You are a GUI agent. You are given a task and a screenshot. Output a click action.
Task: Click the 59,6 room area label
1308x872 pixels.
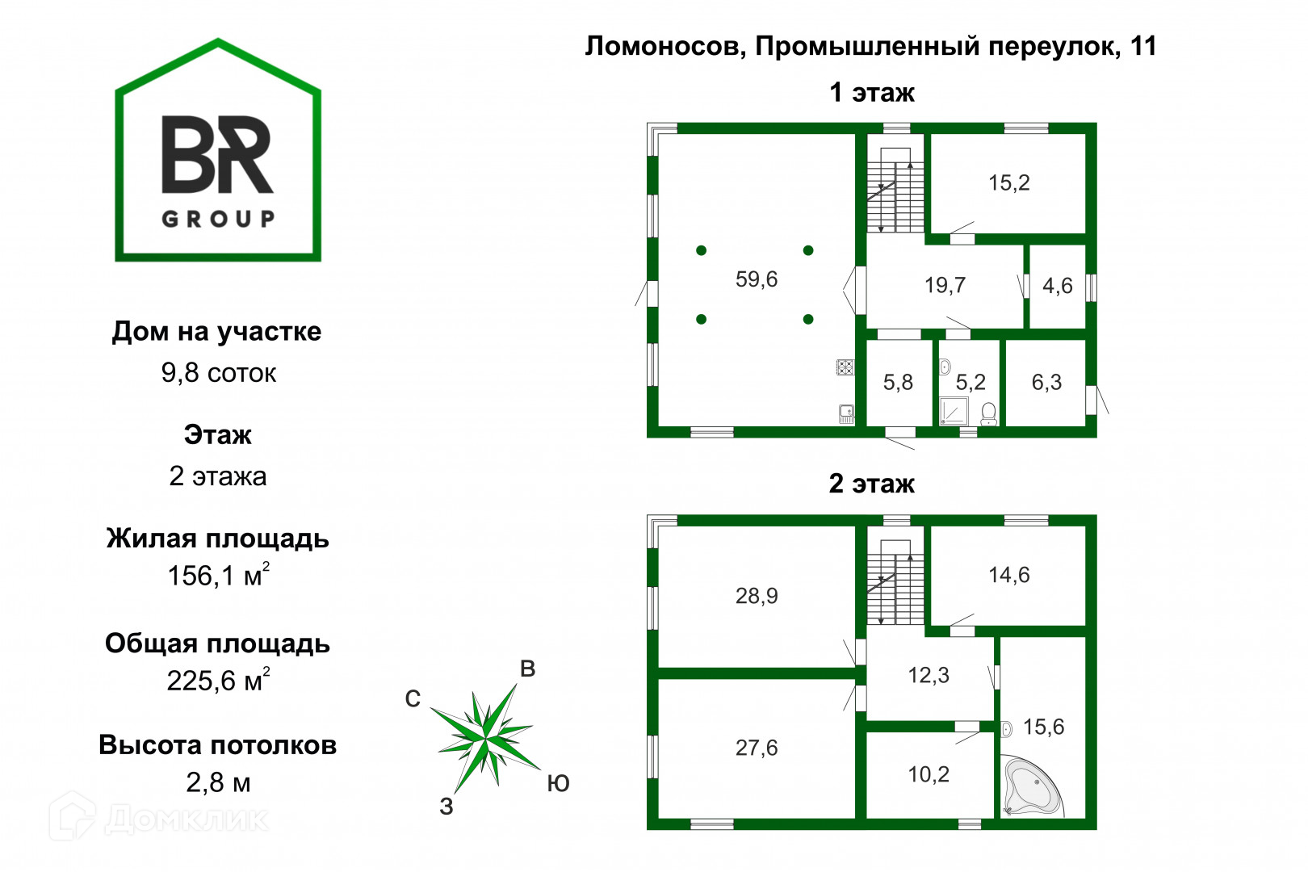pyautogui.click(x=756, y=279)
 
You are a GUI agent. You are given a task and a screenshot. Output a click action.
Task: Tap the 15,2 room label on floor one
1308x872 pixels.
pyautogui.click(x=1008, y=183)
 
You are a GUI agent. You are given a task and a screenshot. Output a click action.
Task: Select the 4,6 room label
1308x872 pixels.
pyautogui.click(x=1057, y=286)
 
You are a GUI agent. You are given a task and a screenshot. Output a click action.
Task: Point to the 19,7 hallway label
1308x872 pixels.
pyautogui.click(x=945, y=285)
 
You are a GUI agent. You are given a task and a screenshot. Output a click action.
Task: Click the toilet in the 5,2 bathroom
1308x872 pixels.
pyautogui.click(x=988, y=414)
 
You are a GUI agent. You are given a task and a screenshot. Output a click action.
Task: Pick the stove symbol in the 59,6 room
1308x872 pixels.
pyautogui.click(x=845, y=367)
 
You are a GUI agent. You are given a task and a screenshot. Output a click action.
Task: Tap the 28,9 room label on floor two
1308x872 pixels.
pyautogui.click(x=756, y=596)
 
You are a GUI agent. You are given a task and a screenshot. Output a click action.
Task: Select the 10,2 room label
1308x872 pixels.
pyautogui.click(x=929, y=775)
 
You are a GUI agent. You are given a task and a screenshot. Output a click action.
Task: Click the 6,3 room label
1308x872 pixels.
pyautogui.click(x=1046, y=383)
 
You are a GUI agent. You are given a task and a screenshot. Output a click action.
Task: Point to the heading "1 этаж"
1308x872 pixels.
pyautogui.click(x=872, y=93)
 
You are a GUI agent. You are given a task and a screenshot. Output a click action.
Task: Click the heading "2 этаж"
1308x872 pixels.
pyautogui.click(x=872, y=484)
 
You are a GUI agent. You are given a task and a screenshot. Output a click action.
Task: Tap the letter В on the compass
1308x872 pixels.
pyautogui.click(x=527, y=669)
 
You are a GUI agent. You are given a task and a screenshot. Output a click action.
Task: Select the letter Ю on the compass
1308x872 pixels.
pyautogui.click(x=558, y=783)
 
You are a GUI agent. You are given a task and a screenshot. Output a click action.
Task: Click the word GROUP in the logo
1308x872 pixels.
pyautogui.click(x=218, y=219)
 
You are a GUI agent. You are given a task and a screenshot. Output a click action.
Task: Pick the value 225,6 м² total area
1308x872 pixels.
pyautogui.click(x=218, y=681)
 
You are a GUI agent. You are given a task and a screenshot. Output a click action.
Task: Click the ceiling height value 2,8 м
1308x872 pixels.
pyautogui.click(x=218, y=782)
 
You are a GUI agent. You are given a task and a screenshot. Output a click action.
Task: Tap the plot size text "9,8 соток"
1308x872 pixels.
pyautogui.click(x=218, y=373)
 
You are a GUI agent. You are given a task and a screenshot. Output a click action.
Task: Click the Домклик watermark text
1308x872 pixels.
pyautogui.click(x=186, y=819)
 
